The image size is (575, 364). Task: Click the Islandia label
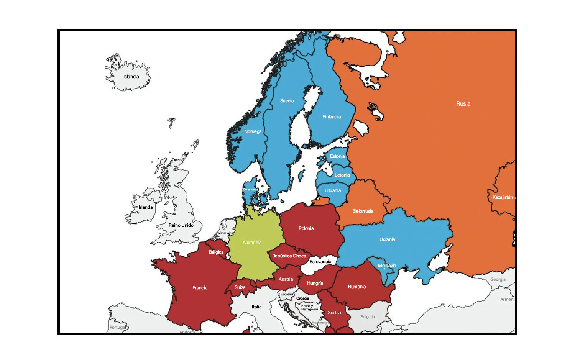131,77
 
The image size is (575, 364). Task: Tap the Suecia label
287,101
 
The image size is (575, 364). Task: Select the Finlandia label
332,117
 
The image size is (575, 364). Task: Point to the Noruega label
253,131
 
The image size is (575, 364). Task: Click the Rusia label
463,104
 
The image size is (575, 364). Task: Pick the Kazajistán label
503,197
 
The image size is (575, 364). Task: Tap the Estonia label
337,156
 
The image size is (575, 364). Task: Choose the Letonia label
342,175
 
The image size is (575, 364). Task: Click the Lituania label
333,190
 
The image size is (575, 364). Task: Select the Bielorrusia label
363,211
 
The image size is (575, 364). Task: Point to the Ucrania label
387,239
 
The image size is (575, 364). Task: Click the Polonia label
306,228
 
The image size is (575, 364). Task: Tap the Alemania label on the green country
252,243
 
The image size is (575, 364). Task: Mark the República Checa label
289,256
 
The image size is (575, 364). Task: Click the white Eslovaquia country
320,262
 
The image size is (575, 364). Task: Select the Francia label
200,288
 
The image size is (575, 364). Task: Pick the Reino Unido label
181,225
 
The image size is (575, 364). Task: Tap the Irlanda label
146,207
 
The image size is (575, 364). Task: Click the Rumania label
357,287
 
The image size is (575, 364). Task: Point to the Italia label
256,307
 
